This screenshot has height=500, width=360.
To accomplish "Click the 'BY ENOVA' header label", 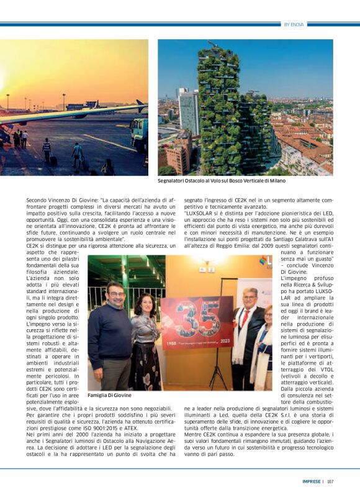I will point(294,24).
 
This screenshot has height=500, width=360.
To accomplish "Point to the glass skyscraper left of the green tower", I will point(187,112).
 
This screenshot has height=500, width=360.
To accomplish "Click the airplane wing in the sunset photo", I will point(68,114).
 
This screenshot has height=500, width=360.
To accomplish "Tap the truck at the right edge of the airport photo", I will point(139,134).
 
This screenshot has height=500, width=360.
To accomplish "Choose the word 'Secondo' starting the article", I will point(37,201).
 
